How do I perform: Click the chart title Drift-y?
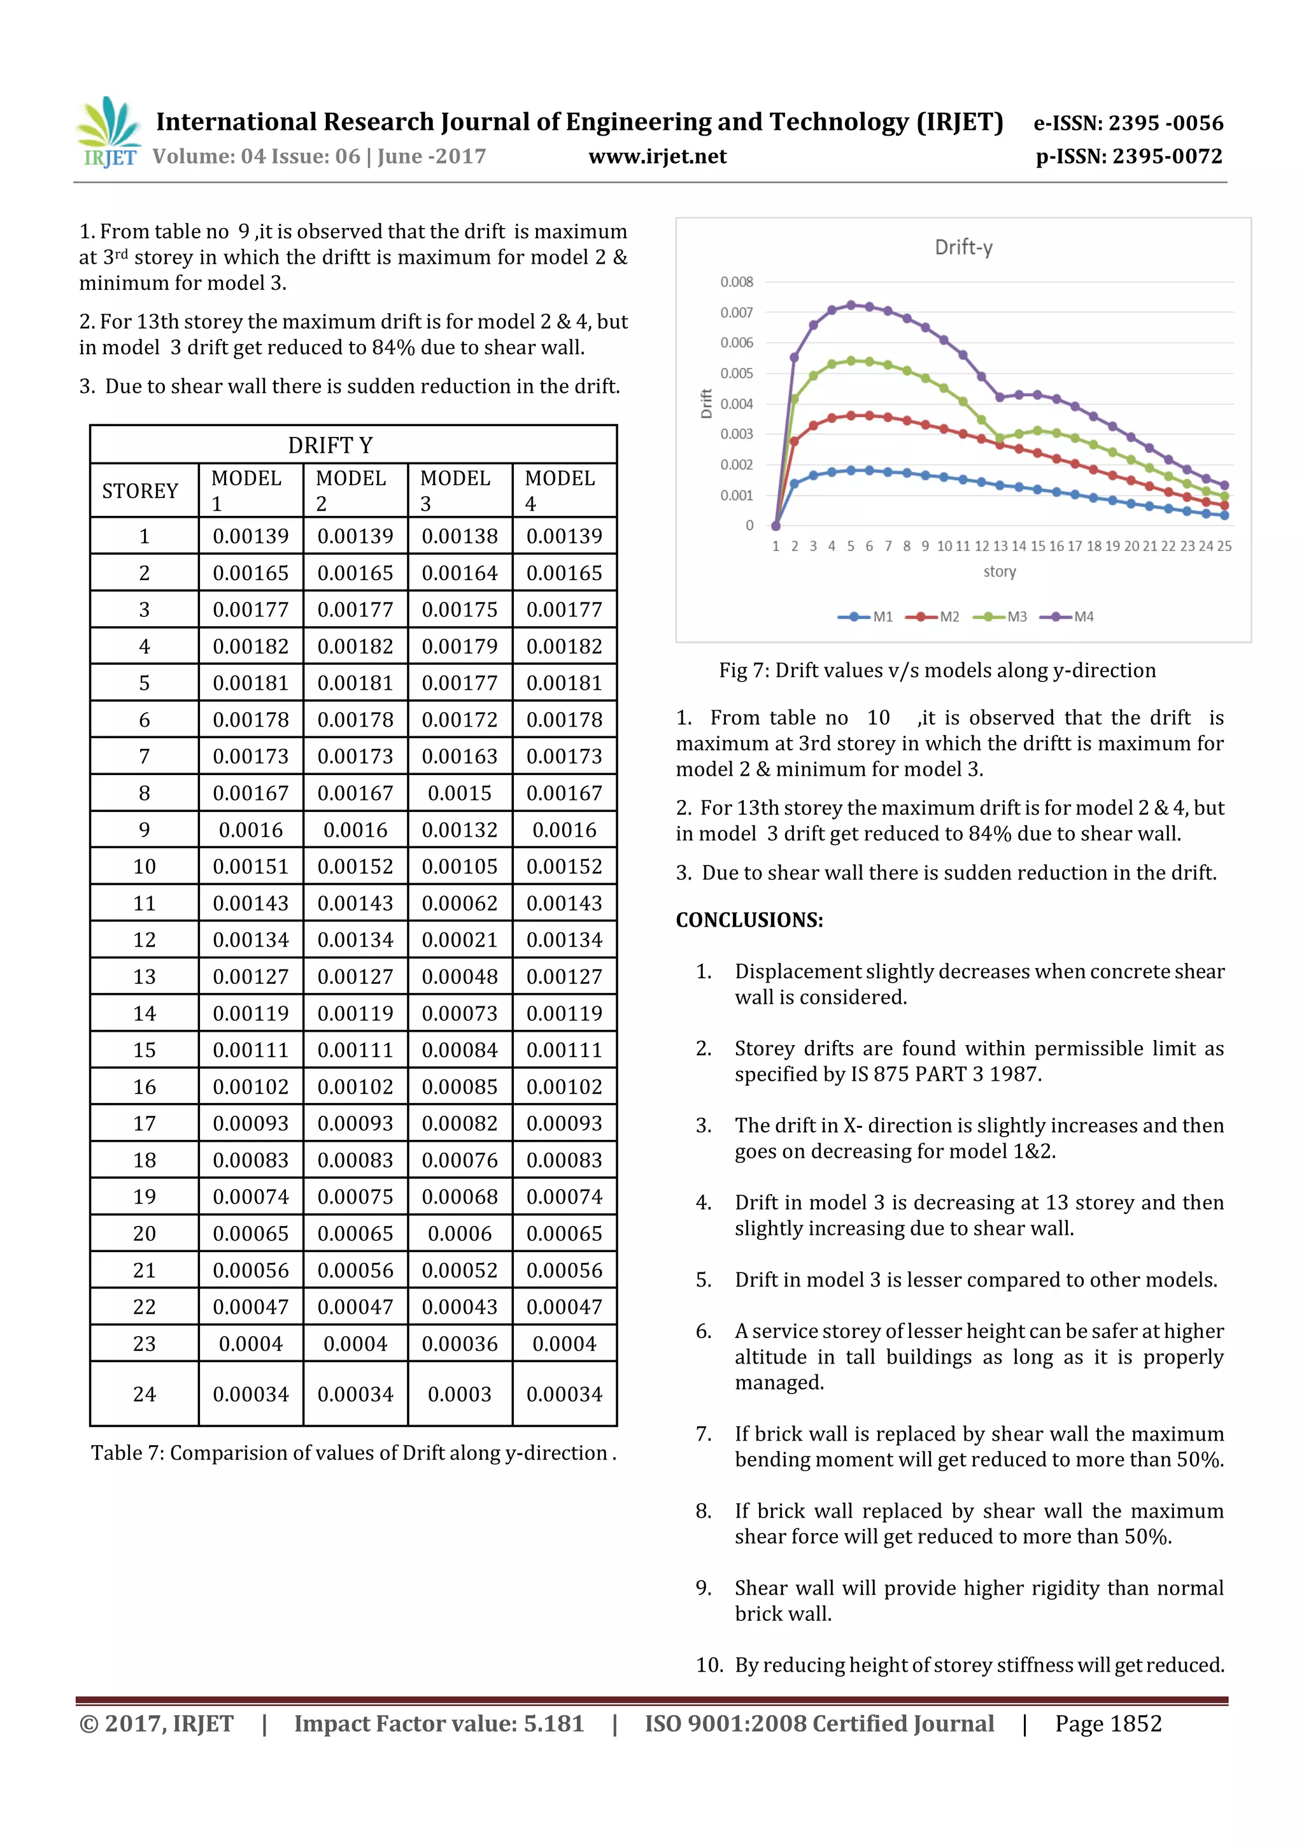[963, 248]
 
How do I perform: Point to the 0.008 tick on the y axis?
[736, 282]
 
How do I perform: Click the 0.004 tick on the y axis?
[736, 404]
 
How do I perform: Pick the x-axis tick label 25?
[1224, 546]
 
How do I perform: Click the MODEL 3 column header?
[455, 490]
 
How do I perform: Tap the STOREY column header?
[140, 491]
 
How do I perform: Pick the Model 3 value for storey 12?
[460, 940]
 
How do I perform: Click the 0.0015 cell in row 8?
[460, 794]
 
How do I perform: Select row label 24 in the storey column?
[144, 1395]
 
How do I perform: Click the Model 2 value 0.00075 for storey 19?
[355, 1197]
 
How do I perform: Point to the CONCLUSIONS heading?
[749, 920]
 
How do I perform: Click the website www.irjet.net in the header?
[657, 157]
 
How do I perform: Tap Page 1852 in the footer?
[1108, 1723]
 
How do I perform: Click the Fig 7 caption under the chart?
[937, 671]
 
